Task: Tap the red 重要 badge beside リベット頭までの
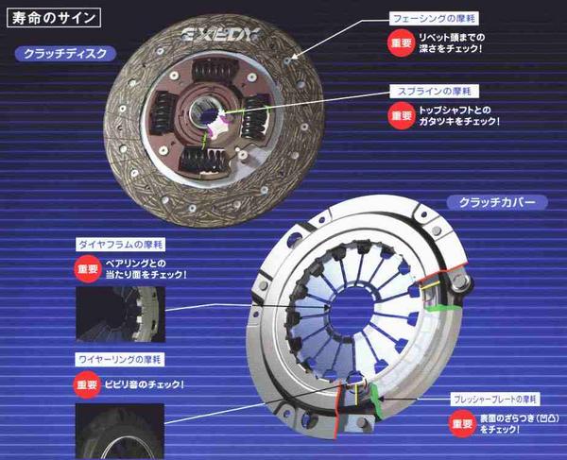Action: tap(400, 43)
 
